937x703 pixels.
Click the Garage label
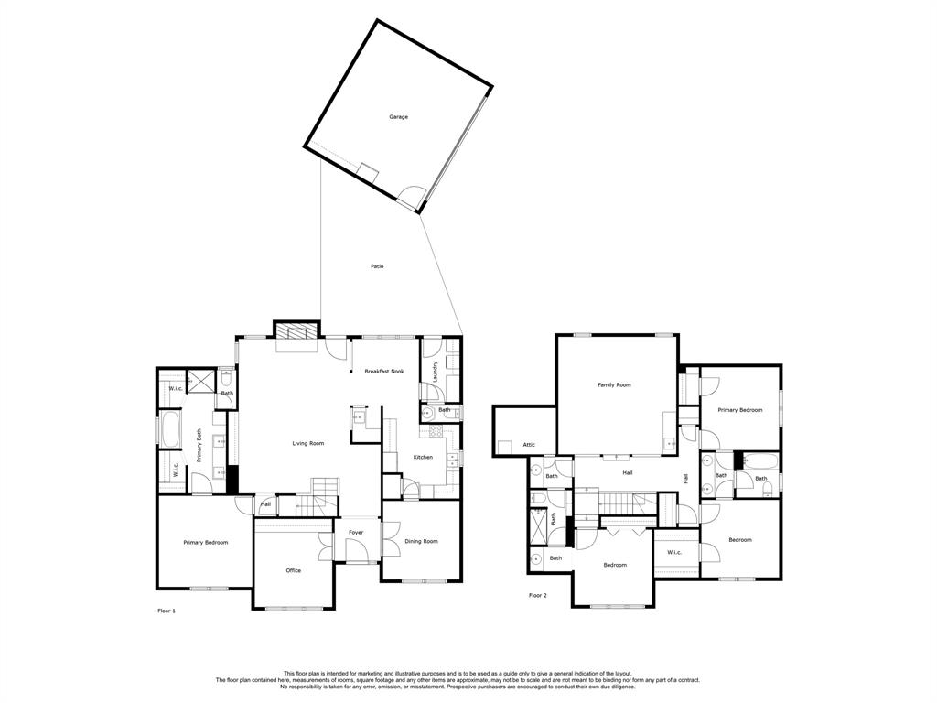(398, 117)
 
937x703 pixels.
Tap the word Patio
(377, 266)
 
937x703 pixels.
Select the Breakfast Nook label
(384, 371)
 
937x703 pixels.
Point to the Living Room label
(308, 443)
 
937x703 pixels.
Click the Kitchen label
(423, 457)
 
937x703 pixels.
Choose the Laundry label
(436, 371)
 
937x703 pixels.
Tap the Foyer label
(355, 532)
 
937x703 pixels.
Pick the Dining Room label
(421, 541)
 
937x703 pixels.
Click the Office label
(293, 570)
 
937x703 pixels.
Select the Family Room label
(614, 385)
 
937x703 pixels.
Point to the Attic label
(529, 445)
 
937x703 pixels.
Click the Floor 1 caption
(167, 610)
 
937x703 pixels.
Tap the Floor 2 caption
(538, 595)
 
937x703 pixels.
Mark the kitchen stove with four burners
(359, 417)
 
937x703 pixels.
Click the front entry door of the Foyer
(358, 553)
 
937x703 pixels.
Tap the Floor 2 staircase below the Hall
(616, 502)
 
